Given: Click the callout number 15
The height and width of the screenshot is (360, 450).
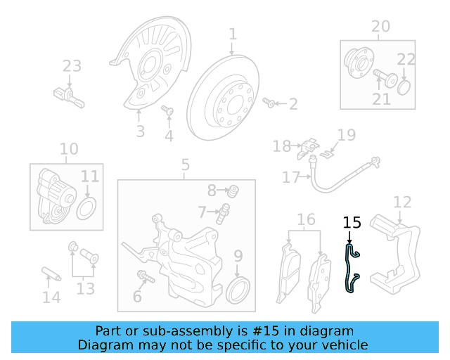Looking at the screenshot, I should pyautogui.click(x=352, y=223).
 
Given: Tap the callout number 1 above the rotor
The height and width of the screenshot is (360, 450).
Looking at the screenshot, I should pyautogui.click(x=233, y=34).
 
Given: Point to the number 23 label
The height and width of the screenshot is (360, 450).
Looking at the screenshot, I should pyautogui.click(x=72, y=66).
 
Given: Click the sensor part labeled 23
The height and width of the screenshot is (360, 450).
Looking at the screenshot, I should pyautogui.click(x=68, y=95).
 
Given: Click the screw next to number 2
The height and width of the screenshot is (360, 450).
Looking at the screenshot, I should pyautogui.click(x=269, y=103).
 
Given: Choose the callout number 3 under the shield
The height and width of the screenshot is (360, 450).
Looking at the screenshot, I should pyautogui.click(x=140, y=131).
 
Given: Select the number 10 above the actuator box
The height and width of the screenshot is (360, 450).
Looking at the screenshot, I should pyautogui.click(x=69, y=149).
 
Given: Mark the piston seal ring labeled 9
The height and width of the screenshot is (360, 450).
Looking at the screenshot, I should pyautogui.click(x=238, y=287).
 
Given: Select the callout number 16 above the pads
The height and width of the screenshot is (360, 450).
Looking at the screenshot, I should pyautogui.click(x=306, y=220).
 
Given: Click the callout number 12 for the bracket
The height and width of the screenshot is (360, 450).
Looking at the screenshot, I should pyautogui.click(x=401, y=202).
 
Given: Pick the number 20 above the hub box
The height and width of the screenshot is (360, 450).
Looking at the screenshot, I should pyautogui.click(x=380, y=27).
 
